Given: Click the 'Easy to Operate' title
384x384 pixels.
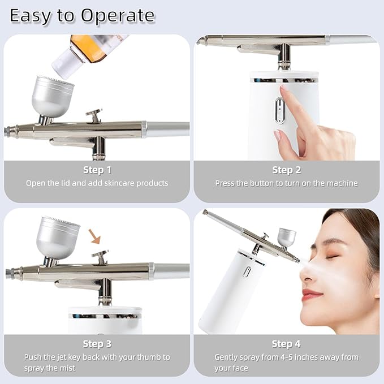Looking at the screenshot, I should tap(82, 16).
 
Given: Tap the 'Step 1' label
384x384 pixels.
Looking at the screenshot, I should tap(97, 170).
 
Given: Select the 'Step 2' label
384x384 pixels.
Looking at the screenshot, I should tap(286, 170).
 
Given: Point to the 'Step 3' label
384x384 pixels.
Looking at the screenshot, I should tap(97, 344).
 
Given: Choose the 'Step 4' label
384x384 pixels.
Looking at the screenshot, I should tap(286, 344).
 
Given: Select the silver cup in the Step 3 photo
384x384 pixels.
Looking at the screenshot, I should tap(58, 238).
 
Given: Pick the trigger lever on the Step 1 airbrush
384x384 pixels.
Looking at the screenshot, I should tap(94, 115).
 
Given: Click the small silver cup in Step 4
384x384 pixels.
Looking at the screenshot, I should tap(287, 236).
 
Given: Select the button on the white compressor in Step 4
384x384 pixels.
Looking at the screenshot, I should tap(247, 271).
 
